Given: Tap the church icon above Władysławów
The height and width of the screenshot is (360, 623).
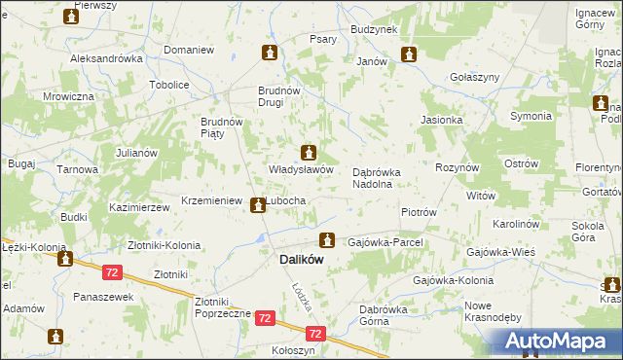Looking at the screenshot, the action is click(x=309, y=153).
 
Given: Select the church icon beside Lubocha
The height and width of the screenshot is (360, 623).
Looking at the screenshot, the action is click(x=257, y=204).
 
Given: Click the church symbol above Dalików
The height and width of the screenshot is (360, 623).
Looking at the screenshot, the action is click(x=328, y=239).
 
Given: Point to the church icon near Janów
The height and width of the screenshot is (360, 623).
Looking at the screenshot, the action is click(x=409, y=54).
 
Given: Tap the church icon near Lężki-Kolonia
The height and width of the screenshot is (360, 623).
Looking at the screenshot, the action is click(x=66, y=259).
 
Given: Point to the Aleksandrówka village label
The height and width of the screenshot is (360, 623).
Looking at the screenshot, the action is click(x=107, y=58).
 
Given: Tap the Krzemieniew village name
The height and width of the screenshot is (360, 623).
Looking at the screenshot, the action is click(x=211, y=200).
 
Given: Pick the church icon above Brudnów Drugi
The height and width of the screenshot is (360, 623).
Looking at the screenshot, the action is click(x=269, y=53).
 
